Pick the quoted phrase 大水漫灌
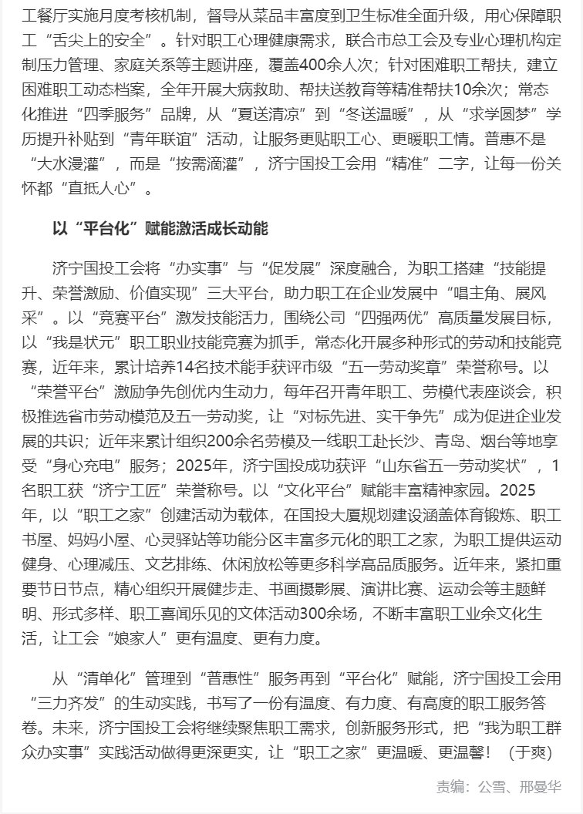coord(72,163)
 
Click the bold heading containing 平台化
coord(160,229)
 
